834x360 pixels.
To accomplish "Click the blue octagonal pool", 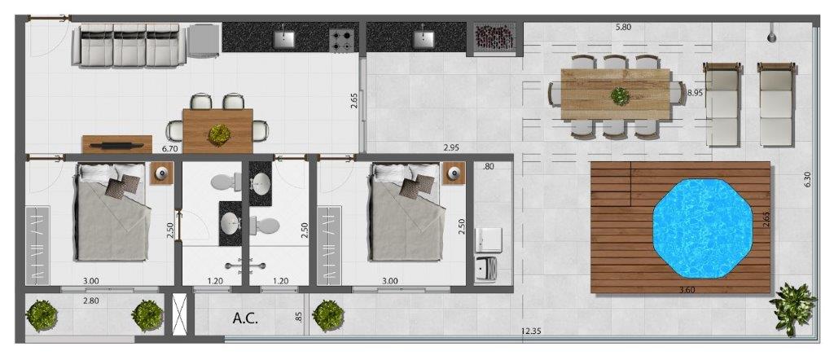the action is tap(702, 228).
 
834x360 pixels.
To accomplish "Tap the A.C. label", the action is tap(245, 318).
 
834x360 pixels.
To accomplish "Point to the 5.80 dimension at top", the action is tap(623, 27).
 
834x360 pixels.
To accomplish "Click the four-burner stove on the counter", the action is tap(342, 41).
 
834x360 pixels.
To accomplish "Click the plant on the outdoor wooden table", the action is tap(620, 96).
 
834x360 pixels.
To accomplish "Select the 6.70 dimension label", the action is tap(169, 149).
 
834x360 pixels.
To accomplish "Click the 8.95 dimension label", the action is tap(696, 93).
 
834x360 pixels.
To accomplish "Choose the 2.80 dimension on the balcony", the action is tap(91, 301).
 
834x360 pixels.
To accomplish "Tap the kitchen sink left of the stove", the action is tap(284, 38).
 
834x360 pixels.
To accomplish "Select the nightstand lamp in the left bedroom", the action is tap(162, 173).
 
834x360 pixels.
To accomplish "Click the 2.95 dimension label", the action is tap(451, 147).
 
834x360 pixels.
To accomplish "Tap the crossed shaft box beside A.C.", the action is tap(179, 314).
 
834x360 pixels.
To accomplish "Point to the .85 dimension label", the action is tap(299, 317).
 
